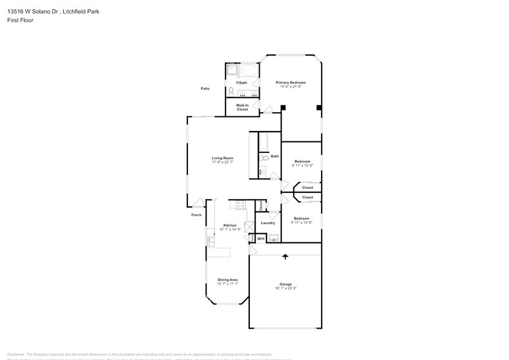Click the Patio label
tap(205, 89)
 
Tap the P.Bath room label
tap(242, 83)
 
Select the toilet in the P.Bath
tap(232, 92)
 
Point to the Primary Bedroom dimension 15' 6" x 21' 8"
tap(290, 87)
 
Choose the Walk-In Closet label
tap(243, 107)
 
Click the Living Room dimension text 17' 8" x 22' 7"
tap(222, 162)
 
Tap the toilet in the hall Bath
tap(264, 158)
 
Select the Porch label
tap(196, 215)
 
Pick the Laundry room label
tap(268, 223)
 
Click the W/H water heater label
tap(261, 238)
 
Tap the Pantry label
tap(251, 238)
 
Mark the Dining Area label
tap(228, 280)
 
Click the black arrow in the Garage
tap(285, 258)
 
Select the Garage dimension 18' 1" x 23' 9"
tap(285, 288)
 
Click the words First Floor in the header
tap(21, 20)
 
